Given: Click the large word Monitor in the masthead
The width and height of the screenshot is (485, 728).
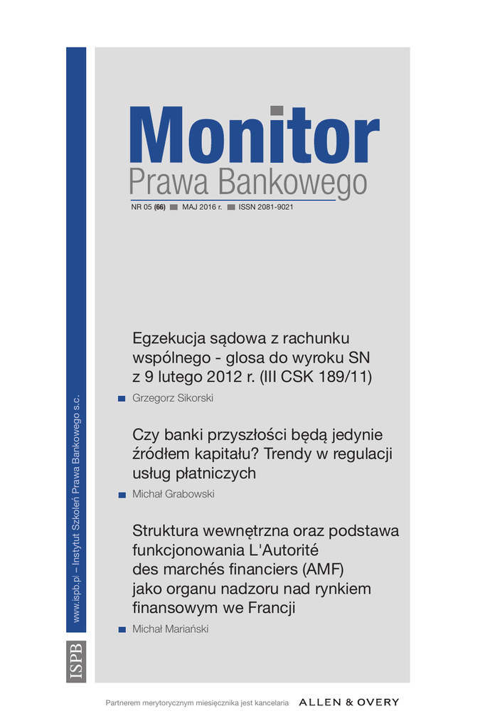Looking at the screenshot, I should pyautogui.click(x=254, y=136).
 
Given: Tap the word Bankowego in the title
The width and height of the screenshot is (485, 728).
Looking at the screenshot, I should pyautogui.click(x=292, y=183).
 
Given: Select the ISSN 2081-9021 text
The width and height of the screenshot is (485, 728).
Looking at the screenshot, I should pyautogui.click(x=266, y=207).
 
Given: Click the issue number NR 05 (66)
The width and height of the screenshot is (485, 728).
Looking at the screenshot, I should pyautogui.click(x=148, y=207).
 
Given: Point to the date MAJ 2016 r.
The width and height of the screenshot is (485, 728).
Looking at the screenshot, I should pyautogui.click(x=202, y=207).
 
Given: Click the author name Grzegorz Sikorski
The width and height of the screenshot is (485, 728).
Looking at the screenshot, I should pyautogui.click(x=173, y=398).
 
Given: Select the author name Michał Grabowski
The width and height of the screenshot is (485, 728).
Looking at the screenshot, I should pyautogui.click(x=174, y=494).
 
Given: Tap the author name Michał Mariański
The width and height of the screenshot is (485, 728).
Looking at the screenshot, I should pyautogui.click(x=171, y=629).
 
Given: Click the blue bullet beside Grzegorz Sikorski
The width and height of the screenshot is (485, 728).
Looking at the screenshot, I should pyautogui.click(x=122, y=398).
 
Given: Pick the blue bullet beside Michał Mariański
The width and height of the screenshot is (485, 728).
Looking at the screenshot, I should pyautogui.click(x=122, y=629).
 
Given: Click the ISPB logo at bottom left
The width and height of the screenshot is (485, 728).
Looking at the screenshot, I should pyautogui.click(x=76, y=661).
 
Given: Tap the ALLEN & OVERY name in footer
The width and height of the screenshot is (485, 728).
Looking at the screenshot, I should pyautogui.click(x=349, y=702).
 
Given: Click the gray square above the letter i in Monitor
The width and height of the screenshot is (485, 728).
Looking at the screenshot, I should pyautogui.click(x=277, y=110).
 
